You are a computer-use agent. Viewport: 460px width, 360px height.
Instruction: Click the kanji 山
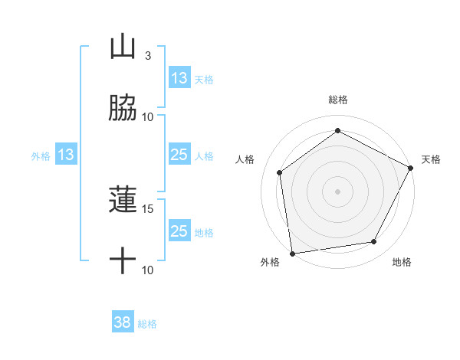pos(123,48)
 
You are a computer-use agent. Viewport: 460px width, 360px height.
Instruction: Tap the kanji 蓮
pos(123,201)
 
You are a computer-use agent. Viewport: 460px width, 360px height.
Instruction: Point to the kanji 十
pos(123,262)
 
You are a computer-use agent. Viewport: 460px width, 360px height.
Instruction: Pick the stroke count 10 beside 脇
pos(148,116)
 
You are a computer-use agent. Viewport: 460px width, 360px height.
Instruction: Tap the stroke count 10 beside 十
pos(148,270)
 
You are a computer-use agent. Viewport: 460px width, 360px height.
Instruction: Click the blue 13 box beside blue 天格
pos(179,78)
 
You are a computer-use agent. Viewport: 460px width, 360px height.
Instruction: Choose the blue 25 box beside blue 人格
pos(179,155)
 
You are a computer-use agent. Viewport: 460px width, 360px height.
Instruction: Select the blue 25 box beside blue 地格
pos(179,231)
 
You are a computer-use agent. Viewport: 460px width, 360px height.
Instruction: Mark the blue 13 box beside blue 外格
pos(65,155)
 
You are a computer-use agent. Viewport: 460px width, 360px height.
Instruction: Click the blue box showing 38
pos(123,323)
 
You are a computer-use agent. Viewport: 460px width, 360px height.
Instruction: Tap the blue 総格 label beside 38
pos(148,324)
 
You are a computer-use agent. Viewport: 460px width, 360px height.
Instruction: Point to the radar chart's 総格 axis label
pos(338,100)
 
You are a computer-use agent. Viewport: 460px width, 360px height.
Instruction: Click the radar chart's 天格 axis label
pos(431,159)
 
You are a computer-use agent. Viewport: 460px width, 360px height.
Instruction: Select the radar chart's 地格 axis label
pos(402,262)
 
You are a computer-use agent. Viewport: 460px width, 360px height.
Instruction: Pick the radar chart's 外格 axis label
pos(270,262)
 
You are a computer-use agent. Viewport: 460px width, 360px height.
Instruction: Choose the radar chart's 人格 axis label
pos(245,159)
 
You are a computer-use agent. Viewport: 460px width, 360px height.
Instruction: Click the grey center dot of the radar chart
pos(337,191)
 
